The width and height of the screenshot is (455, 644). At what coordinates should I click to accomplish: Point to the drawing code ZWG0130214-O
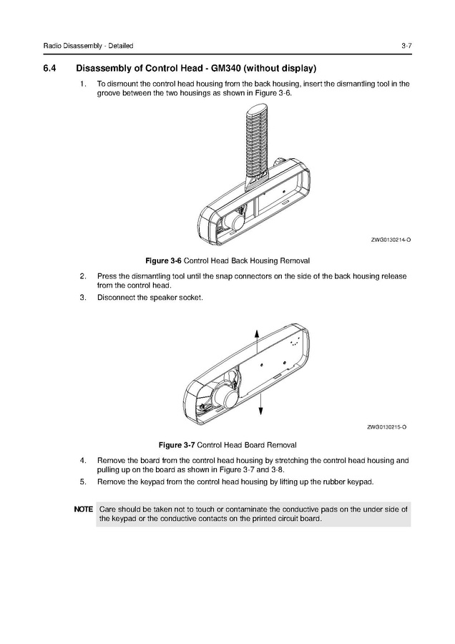click(390, 240)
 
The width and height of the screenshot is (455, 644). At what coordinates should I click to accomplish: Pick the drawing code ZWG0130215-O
click(387, 428)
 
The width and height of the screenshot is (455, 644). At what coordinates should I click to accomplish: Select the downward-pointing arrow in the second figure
click(261, 406)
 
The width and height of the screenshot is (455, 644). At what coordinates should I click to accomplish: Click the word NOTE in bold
click(83, 509)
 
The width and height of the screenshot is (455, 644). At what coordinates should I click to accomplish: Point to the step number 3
click(83, 298)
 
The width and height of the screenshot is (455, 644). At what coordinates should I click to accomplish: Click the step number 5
click(83, 482)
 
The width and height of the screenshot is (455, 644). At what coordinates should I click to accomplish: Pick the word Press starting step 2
click(107, 275)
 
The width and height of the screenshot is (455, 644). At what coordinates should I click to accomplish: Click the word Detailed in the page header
click(119, 47)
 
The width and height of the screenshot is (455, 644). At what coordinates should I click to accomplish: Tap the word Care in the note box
click(107, 509)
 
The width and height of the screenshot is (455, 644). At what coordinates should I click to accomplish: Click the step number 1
click(83, 84)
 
